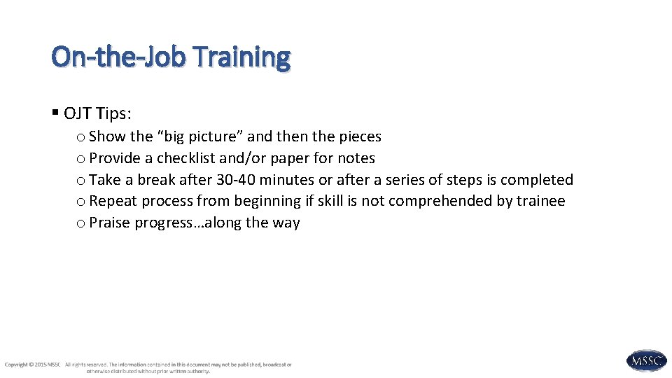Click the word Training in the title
(242, 57)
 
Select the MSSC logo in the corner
(646, 360)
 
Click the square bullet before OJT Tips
(55, 113)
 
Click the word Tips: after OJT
(114, 113)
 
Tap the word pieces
(360, 136)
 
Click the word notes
(356, 158)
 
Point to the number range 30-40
(236, 180)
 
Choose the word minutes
(287, 180)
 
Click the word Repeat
(113, 202)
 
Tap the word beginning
(267, 202)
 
